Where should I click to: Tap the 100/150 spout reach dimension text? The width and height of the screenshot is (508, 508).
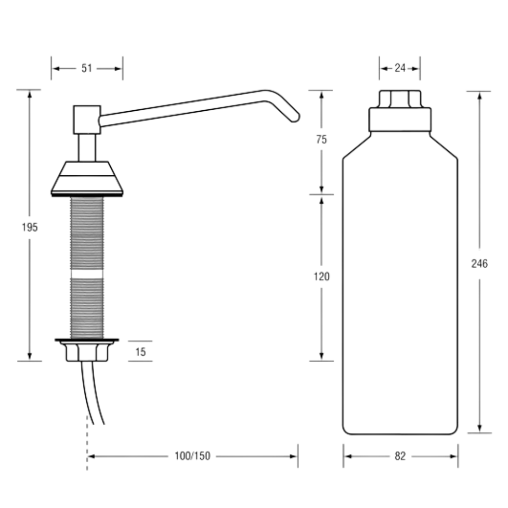tap(192, 456)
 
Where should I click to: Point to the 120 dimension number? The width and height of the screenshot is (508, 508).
tap(322, 277)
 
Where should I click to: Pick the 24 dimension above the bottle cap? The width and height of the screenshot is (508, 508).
tap(399, 68)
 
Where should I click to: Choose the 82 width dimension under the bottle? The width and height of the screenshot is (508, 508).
tap(400, 456)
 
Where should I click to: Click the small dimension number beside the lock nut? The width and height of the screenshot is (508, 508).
tap(140, 351)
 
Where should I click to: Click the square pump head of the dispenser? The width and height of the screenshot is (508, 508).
tap(87, 119)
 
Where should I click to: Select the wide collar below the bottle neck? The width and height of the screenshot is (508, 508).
tap(400, 118)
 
